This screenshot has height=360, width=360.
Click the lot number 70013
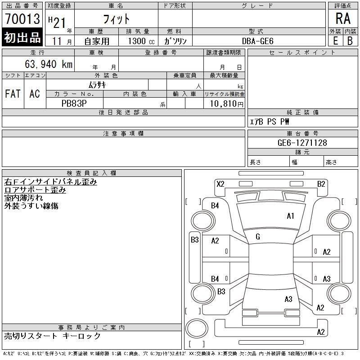(22, 19)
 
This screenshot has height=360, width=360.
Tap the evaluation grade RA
(343, 19)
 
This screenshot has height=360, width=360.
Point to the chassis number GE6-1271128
(302, 143)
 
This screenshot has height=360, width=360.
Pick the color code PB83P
(75, 103)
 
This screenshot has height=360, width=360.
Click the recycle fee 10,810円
(224, 103)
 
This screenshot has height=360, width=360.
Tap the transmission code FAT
(13, 94)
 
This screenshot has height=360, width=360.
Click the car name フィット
(117, 19)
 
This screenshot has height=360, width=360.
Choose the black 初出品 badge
(22, 38)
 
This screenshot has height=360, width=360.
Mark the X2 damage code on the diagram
(220, 184)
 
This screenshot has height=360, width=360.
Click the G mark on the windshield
(258, 237)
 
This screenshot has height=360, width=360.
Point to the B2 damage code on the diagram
(321, 184)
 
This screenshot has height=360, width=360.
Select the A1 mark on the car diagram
(290, 216)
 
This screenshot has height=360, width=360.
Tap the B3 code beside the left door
(194, 240)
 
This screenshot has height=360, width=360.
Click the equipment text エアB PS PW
(270, 122)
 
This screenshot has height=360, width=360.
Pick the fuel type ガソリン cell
(175, 41)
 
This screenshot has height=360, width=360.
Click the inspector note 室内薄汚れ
(24, 198)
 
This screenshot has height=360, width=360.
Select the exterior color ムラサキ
(97, 85)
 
